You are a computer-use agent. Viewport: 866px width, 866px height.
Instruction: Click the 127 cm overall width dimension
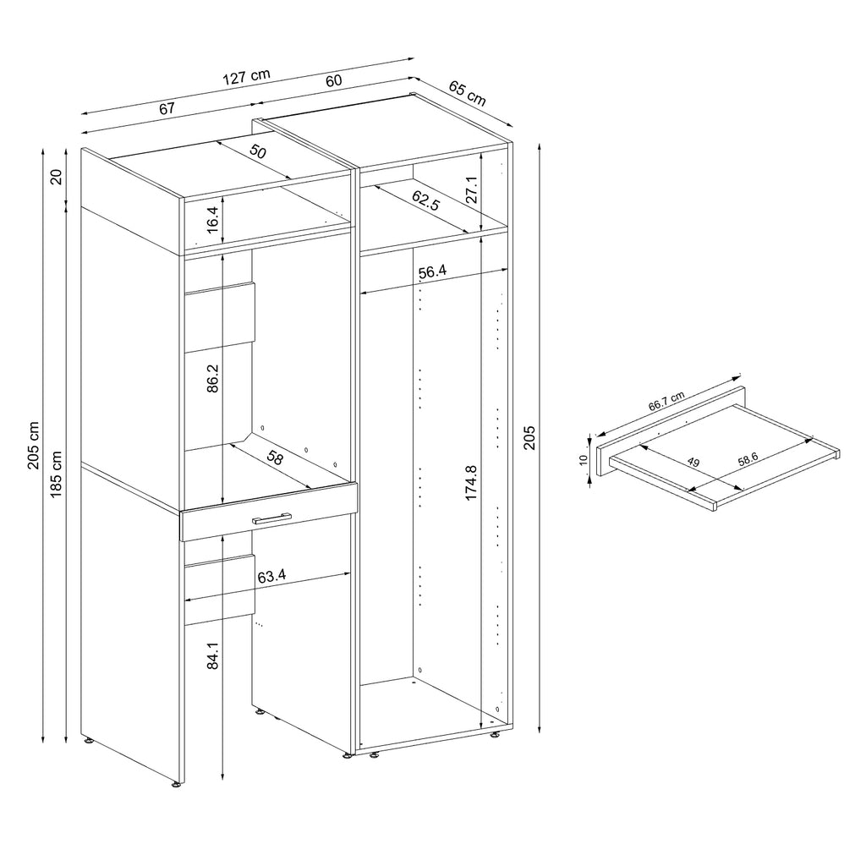(246, 76)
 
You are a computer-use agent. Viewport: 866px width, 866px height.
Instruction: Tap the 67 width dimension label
(167, 108)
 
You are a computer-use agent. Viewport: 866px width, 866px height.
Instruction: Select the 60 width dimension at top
(333, 80)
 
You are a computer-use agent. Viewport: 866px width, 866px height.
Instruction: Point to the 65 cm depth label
(467, 93)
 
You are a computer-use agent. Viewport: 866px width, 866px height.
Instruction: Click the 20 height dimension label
(56, 177)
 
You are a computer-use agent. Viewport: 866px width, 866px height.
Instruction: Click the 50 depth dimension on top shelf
(257, 153)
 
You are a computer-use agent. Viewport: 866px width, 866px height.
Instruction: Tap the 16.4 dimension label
(213, 221)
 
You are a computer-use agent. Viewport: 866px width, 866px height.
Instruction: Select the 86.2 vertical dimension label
(213, 377)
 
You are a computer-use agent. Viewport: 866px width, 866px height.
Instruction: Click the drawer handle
(271, 518)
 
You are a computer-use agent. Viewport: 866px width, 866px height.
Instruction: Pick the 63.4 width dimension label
(271, 577)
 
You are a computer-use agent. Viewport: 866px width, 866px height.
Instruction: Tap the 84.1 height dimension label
(213, 656)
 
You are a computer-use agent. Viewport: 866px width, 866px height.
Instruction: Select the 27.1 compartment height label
(472, 190)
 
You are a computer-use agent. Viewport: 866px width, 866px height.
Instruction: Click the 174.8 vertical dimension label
(472, 483)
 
